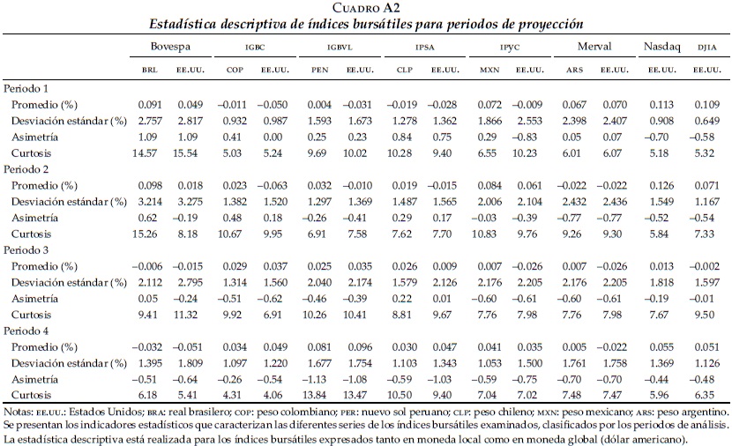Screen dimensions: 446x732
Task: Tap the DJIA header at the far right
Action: click(706, 46)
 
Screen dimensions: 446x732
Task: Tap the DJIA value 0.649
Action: click(705, 121)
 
